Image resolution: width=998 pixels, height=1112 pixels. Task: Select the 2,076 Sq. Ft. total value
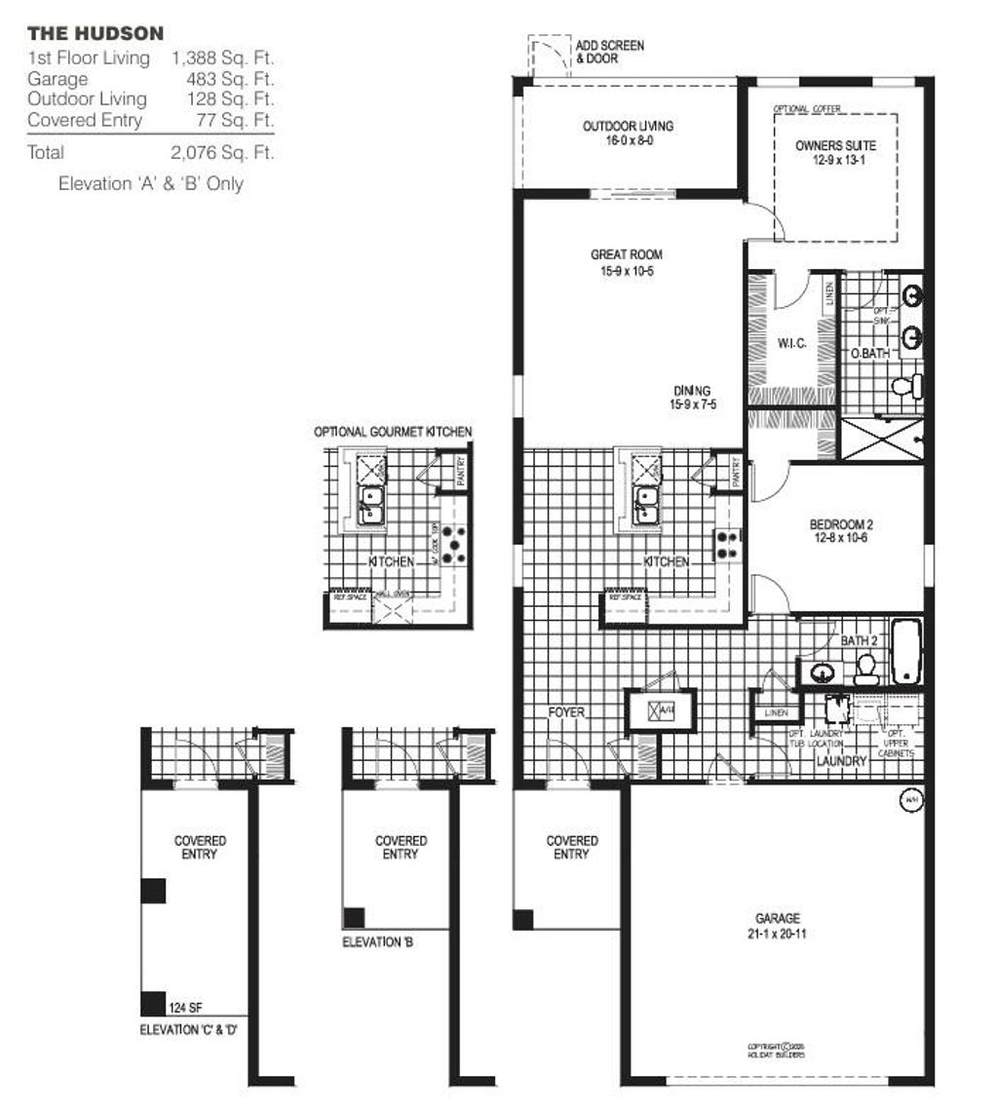(x=221, y=153)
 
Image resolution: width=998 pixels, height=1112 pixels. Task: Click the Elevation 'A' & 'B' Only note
(x=150, y=183)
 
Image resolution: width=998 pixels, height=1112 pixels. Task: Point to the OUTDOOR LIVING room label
(x=628, y=133)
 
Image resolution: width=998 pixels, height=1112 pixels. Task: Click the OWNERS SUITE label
(x=835, y=152)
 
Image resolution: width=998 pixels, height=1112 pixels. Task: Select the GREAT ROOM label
(x=626, y=262)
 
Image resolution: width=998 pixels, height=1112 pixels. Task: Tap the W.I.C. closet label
(x=789, y=343)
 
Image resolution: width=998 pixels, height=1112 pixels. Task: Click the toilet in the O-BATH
(x=906, y=386)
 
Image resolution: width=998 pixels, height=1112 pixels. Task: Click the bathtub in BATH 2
(x=905, y=650)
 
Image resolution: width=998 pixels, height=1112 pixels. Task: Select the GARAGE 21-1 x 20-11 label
(x=777, y=925)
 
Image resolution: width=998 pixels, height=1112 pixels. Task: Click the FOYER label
(x=566, y=712)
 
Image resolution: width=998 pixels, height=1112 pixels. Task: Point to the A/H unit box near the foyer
(x=661, y=710)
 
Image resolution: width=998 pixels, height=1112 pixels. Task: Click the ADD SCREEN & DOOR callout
(x=609, y=52)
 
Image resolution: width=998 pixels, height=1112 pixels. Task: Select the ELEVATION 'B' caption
(x=379, y=942)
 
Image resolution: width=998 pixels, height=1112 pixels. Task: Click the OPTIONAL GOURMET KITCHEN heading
(x=393, y=432)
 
